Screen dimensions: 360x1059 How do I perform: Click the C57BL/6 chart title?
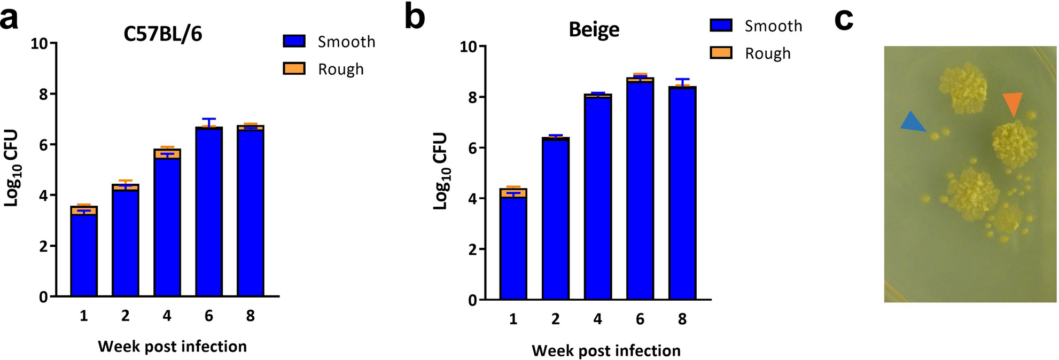tap(163, 34)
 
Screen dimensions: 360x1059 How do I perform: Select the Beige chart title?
tap(594, 29)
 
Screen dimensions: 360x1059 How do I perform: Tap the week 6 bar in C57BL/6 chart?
tap(209, 214)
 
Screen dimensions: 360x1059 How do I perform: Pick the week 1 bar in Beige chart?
tap(513, 246)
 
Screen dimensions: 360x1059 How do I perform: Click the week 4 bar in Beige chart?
tap(597, 198)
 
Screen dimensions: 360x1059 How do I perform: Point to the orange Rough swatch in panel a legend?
tap(294, 69)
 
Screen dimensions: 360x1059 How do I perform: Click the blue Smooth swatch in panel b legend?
tap(721, 25)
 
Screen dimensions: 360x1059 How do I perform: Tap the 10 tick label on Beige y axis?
tap(469, 47)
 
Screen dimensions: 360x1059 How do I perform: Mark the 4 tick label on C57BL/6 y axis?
tap(43, 195)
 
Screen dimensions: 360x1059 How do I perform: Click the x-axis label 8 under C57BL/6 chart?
tap(250, 316)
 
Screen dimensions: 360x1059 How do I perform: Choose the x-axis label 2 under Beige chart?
tap(555, 319)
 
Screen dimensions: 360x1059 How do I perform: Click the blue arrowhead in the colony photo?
tap(913, 122)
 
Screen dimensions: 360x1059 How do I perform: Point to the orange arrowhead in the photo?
tap(1013, 103)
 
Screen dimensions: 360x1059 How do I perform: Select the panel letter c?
tap(844, 19)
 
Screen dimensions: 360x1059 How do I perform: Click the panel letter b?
tap(415, 17)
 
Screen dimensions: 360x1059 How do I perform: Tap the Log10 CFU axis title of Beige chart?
tap(441, 171)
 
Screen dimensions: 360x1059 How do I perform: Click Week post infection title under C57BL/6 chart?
tap(172, 347)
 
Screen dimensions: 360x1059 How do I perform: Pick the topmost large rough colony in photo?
tap(963, 89)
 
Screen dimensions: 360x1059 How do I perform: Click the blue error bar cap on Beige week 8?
tap(682, 79)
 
